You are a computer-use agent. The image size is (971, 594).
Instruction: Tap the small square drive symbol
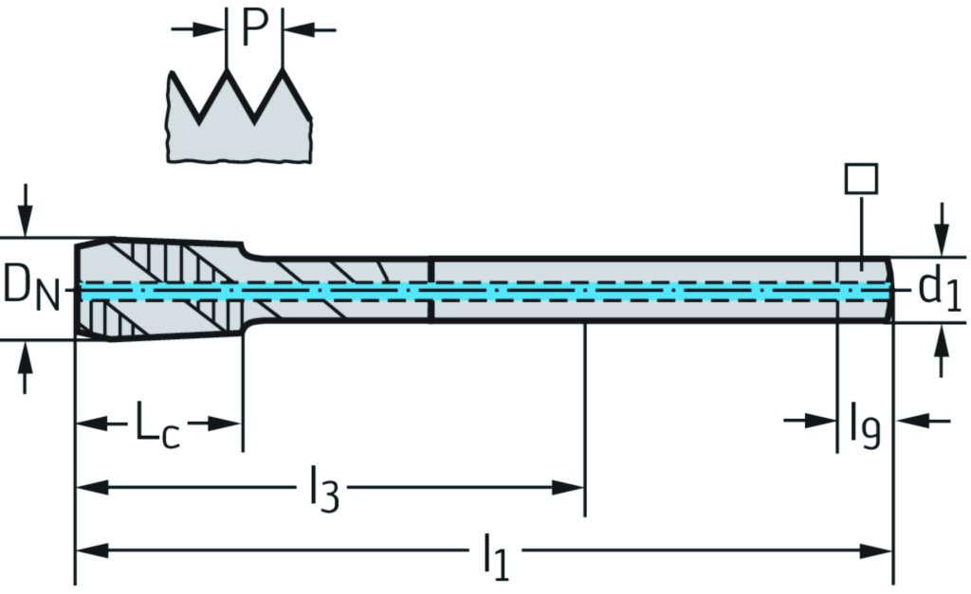click(860, 178)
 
